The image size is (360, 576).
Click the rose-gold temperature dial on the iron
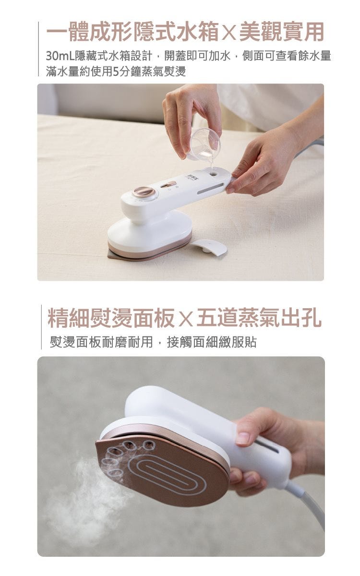tap(144, 192)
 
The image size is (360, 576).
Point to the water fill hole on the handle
tap(213, 174)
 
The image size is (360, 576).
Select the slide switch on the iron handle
tap(169, 185)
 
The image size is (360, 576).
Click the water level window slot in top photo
tap(210, 189)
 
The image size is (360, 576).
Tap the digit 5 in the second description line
tap(116, 71)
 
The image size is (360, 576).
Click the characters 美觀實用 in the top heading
tap(281, 32)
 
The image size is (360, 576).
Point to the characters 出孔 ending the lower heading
tap(301, 318)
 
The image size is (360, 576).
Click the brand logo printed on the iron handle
tap(189, 178)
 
